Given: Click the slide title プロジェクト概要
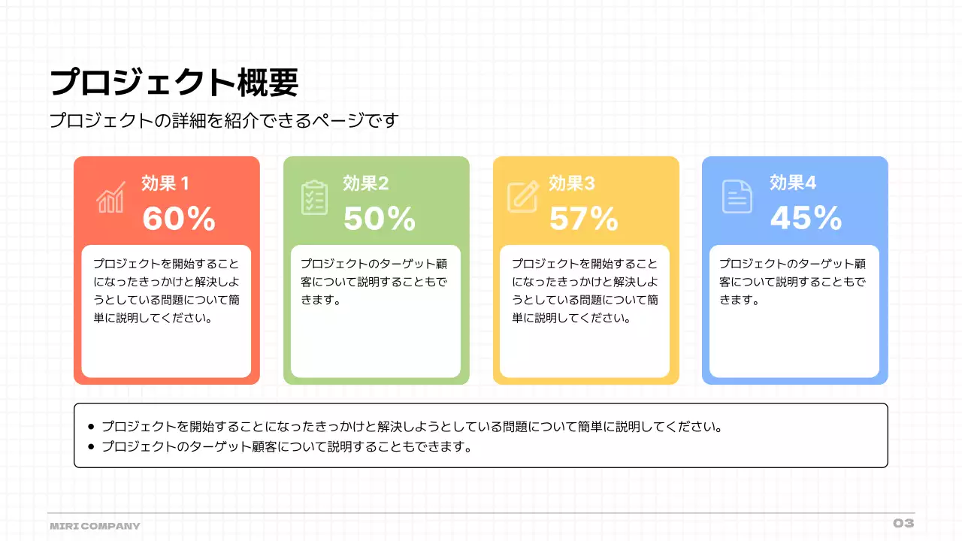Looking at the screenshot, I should pyautogui.click(x=174, y=82).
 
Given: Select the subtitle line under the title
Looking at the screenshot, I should pyautogui.click(x=223, y=120).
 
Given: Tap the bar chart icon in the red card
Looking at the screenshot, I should pyautogui.click(x=110, y=198).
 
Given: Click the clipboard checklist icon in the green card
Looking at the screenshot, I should pyautogui.click(x=314, y=198).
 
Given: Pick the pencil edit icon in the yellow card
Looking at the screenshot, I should pyautogui.click(x=523, y=197).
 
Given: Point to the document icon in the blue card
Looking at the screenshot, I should pyautogui.click(x=737, y=197).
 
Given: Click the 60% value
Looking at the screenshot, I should pyautogui.click(x=179, y=219).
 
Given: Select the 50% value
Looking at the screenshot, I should pyautogui.click(x=380, y=219).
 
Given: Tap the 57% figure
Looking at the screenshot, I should pyautogui.click(x=584, y=219).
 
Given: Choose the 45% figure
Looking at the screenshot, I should pyautogui.click(x=806, y=218).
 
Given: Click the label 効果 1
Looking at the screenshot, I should pyautogui.click(x=165, y=183).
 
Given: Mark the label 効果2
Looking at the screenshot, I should pyautogui.click(x=366, y=183).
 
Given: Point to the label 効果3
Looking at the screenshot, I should pyautogui.click(x=572, y=183).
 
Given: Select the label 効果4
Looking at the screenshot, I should pyautogui.click(x=793, y=183).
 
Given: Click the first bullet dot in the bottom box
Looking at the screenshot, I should pyautogui.click(x=92, y=428).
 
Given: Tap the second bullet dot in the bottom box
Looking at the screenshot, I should pyautogui.click(x=92, y=447).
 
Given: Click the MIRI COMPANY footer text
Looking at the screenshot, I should pyautogui.click(x=95, y=526).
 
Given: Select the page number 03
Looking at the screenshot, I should pyautogui.click(x=903, y=523).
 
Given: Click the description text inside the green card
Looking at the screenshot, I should pyautogui.click(x=374, y=282).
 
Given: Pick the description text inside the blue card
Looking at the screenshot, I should pyautogui.click(x=793, y=282).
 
